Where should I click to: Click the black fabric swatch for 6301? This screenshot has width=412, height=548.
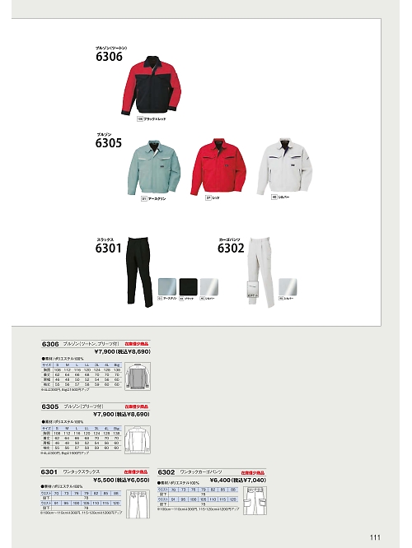tap(189, 285)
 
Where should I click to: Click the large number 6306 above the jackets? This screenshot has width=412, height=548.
tap(109, 57)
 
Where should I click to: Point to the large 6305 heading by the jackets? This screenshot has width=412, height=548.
tap(109, 142)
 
